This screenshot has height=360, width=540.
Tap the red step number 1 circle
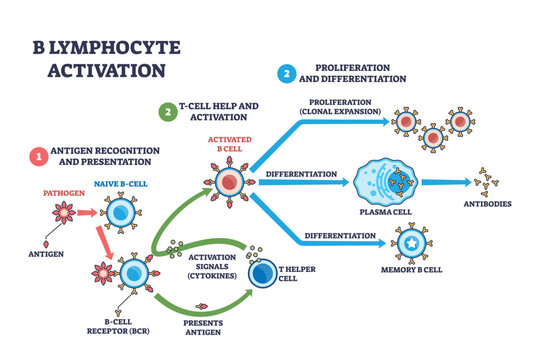pos(37,156)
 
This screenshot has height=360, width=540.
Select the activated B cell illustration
pos(231,181)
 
